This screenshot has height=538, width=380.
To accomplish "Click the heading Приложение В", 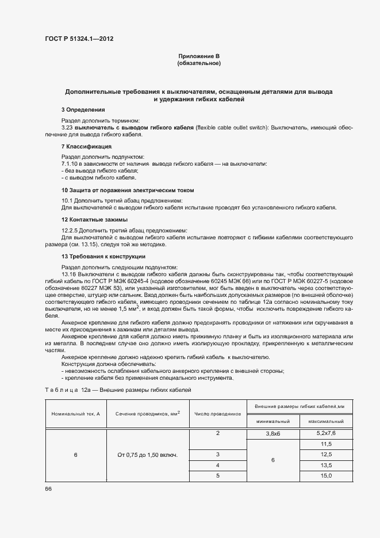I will click(199, 56).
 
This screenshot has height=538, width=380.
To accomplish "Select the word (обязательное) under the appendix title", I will click(199, 63).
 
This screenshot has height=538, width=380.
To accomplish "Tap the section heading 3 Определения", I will click(83, 109).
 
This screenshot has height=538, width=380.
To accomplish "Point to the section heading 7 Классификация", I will click(86, 147).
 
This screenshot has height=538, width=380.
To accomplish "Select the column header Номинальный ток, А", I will click(75, 414).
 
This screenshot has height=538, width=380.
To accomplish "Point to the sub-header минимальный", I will click(272, 422).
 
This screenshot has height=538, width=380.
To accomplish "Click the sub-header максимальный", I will click(326, 422).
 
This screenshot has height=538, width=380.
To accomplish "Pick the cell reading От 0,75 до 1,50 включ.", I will click(147, 455).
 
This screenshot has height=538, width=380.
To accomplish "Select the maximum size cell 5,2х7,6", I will click(326, 433).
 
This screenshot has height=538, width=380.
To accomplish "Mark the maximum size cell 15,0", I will click(326, 475).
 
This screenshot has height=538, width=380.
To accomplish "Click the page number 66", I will click(48, 489).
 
